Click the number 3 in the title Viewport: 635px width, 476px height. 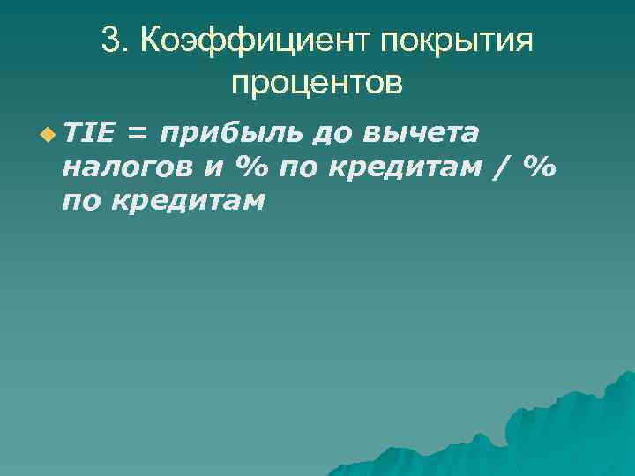pyautogui.click(x=109, y=40)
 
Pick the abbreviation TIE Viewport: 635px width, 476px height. pyautogui.click(x=87, y=133)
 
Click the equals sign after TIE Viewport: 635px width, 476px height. pyautogui.click(x=137, y=134)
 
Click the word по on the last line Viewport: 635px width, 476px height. pyautogui.click(x=81, y=202)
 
